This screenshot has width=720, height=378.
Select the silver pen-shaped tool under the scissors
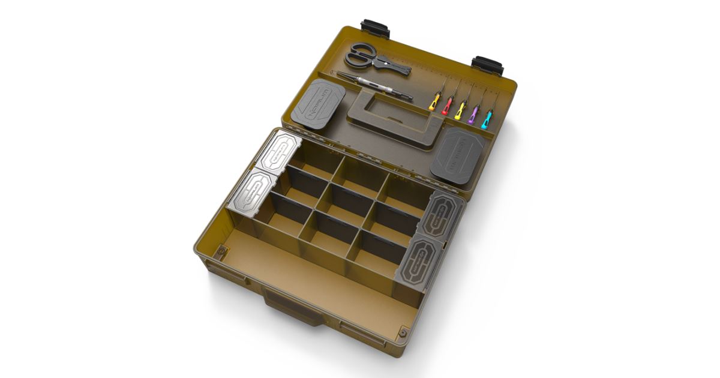(372, 86)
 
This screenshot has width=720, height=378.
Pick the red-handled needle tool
(447, 106)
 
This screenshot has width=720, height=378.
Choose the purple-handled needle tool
(473, 111)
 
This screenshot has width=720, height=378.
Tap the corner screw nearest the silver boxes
(221, 249)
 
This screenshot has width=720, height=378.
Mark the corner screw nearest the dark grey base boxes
(403, 331)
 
